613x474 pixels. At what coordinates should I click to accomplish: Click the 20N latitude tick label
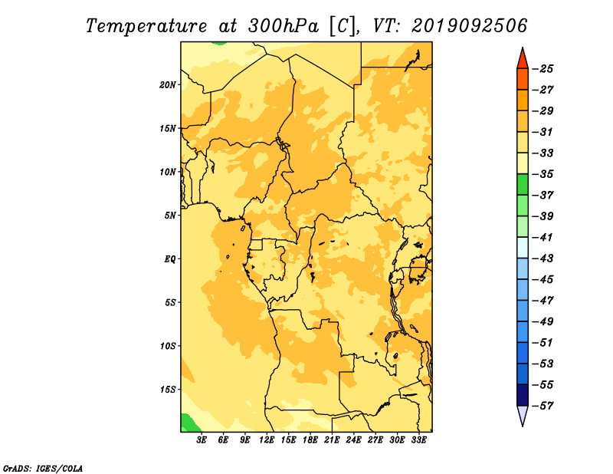[167, 85]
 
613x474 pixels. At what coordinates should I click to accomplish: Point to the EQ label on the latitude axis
[169, 259]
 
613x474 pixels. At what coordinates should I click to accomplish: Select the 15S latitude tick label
[167, 390]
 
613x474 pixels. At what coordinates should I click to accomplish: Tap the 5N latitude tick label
[170, 216]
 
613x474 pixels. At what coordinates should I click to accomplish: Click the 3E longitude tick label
[202, 439]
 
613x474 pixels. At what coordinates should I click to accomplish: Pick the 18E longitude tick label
[310, 439]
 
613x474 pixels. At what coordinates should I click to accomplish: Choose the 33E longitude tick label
[418, 439]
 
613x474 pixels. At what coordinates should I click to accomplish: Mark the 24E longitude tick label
[353, 439]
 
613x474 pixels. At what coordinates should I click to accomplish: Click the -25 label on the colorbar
[543, 69]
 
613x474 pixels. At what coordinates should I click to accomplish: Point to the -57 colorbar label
[543, 406]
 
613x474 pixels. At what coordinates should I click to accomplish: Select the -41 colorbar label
[543, 237]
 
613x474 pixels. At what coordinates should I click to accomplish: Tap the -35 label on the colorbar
[543, 174]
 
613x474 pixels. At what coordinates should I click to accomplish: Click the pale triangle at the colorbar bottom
[523, 414]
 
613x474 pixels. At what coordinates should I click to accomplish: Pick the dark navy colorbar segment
[523, 395]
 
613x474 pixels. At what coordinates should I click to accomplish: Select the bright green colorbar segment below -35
[523, 185]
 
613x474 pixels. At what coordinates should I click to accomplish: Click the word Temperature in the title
[146, 27]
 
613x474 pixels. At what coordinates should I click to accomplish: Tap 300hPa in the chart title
[283, 26]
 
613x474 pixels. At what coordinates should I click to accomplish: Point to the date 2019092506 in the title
[470, 26]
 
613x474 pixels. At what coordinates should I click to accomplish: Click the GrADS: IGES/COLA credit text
[43, 468]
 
